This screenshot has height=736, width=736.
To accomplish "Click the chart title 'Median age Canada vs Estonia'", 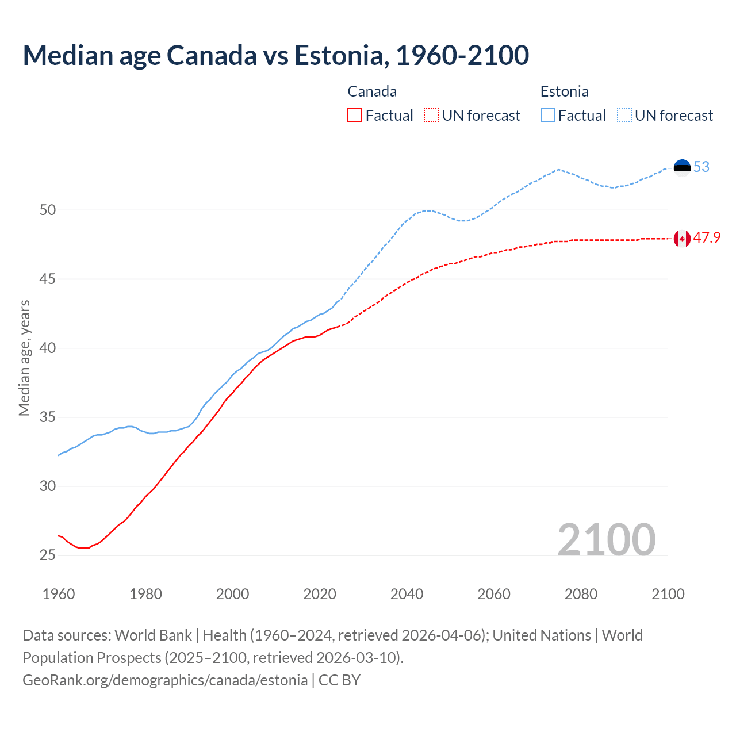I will [275, 55].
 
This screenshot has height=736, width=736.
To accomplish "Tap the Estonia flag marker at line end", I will [682, 167].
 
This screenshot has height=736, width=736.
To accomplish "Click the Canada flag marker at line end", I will [682, 238].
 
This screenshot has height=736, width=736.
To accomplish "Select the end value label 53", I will [701, 167].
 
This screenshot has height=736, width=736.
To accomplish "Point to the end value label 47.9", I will [707, 238].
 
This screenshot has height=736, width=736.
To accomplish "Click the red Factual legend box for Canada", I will [355, 116].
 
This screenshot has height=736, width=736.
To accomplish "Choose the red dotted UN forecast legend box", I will [431, 116].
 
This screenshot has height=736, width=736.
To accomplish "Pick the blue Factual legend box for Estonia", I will [548, 116].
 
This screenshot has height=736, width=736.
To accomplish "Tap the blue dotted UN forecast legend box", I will [624, 116].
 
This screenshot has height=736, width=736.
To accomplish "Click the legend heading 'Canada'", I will [372, 91].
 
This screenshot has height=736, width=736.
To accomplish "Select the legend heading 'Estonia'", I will [564, 91].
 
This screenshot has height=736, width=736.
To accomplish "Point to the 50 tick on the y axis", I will [48, 210].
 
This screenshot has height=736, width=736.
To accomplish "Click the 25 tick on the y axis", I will [48, 555].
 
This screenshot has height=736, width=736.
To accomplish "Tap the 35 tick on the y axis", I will [48, 417].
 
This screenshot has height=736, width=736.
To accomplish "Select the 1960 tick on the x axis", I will [59, 594].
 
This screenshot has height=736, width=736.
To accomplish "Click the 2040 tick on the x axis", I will [407, 594].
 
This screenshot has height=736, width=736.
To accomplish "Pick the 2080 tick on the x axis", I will [581, 594].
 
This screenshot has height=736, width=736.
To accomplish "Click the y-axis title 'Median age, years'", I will [24, 358].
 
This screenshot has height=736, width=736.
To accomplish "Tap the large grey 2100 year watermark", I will [606, 539].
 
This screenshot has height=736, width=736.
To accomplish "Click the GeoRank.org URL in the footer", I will [165, 680].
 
